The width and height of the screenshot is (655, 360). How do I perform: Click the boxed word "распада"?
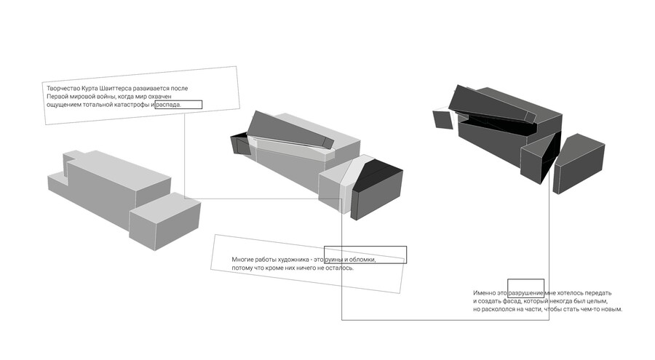click(168, 105)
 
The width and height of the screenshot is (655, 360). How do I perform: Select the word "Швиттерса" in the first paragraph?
click(118, 89)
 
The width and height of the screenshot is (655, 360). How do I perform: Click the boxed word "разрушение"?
click(525, 293)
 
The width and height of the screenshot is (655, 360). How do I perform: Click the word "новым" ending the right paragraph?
click(612, 310)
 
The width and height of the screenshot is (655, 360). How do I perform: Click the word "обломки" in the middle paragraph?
click(362, 260)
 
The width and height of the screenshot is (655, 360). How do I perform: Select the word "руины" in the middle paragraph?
click(334, 260)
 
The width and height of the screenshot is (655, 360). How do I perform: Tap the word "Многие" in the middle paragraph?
click(242, 260)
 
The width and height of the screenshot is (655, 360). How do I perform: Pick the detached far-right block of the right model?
click(579, 164)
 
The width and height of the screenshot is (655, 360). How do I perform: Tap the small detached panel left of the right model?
click(442, 119)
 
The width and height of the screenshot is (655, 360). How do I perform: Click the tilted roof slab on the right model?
click(492, 105)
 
